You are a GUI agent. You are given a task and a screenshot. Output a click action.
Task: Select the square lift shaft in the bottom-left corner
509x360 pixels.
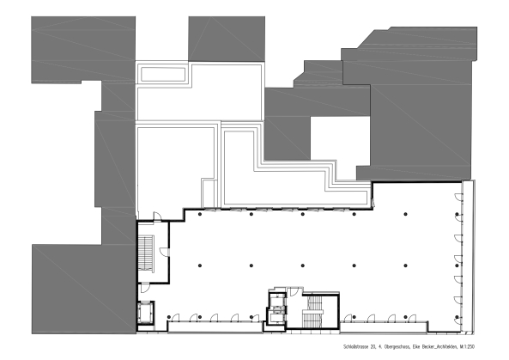point(147,312)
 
